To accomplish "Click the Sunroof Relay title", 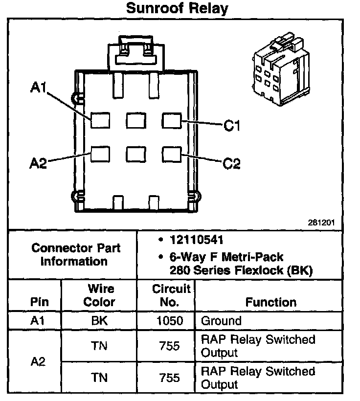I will (177, 8).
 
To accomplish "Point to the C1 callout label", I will (232, 126).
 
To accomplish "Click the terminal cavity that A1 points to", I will (100, 120).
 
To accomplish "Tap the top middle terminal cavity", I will (135, 120).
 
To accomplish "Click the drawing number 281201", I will (321, 222).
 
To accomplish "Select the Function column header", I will (270, 302).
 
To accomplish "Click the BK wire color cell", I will (99, 321).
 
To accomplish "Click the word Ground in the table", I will (221, 321).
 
